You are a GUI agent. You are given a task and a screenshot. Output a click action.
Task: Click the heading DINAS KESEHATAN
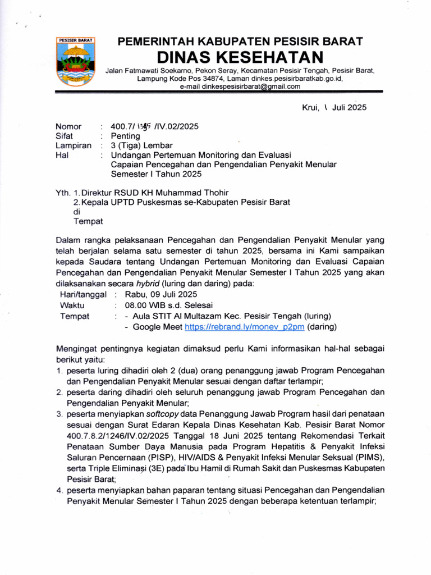[240, 57]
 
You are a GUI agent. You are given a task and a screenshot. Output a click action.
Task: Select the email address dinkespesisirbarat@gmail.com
[240, 87]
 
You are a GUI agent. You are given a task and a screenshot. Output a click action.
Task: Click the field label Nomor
[68, 127]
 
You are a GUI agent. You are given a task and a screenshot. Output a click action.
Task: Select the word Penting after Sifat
[125, 136]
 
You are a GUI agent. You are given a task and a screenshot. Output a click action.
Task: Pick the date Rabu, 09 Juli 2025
[161, 294]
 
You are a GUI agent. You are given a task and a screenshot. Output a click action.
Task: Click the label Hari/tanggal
[83, 294]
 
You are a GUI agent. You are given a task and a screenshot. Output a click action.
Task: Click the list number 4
[58, 490]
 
